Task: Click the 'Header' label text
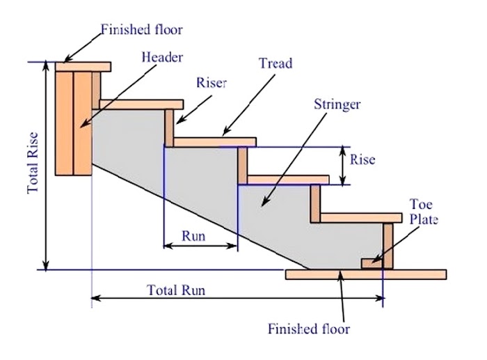(163, 56)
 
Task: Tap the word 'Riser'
(212, 83)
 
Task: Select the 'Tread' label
(276, 63)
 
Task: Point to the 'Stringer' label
(337, 105)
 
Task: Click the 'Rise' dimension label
(362, 159)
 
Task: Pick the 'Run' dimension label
(193, 235)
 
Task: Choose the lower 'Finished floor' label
(309, 328)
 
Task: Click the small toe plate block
(372, 263)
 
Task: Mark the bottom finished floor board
(366, 274)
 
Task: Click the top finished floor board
(83, 67)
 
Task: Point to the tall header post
(74, 122)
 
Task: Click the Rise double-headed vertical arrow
(342, 166)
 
